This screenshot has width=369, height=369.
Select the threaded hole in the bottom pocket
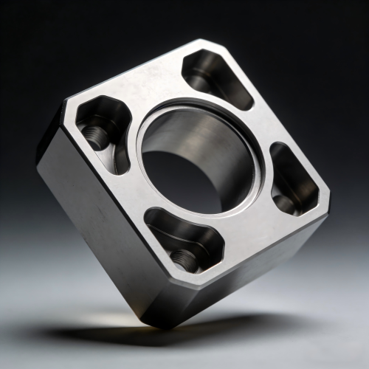tap(183, 257)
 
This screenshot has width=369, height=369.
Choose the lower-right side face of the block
tap(251, 280)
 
